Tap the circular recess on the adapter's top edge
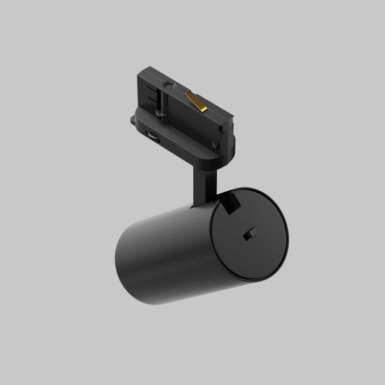pos(169,85)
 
